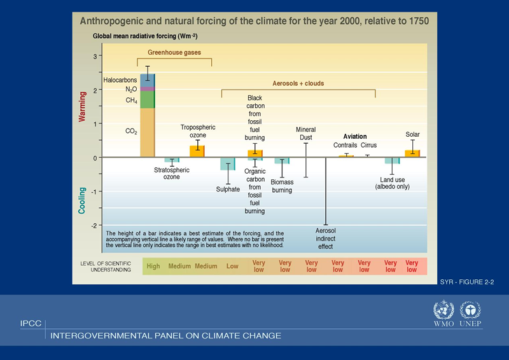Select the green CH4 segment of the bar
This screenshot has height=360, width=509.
pos(147,100)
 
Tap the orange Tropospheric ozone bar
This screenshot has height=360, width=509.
pos(197,151)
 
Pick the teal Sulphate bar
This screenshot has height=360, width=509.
pos(228,163)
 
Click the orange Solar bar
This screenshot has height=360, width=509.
pos(412,153)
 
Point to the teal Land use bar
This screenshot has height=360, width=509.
pos(392,160)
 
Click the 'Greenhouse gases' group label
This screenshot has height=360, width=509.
pos(174,52)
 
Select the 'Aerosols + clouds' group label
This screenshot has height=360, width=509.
pos(298,83)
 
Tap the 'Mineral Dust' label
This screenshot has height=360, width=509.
pos(306,134)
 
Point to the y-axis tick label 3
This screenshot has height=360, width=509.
pos(95,57)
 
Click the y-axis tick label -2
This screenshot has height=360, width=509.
pos(94,226)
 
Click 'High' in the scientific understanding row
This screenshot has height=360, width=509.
pos(153,267)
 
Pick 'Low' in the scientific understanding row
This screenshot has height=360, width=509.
pos(232,267)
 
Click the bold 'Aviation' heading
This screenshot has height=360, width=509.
pos(355,137)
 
